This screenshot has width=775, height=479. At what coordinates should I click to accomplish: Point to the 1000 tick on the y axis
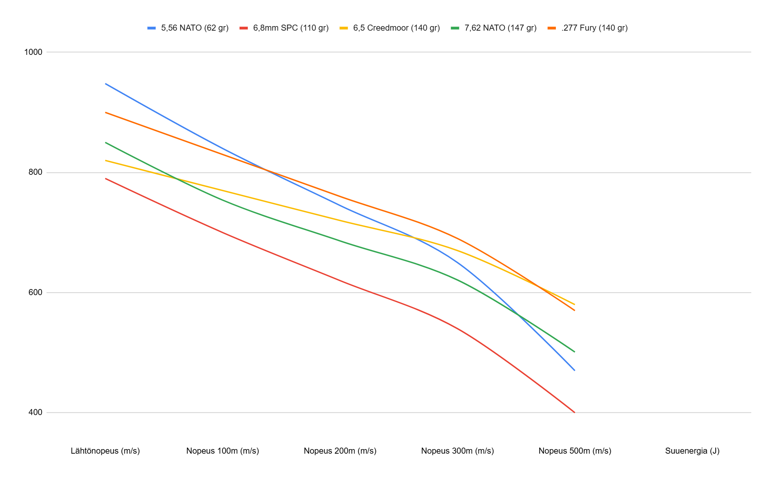(33, 52)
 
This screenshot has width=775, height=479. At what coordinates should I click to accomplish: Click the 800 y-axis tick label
(36, 173)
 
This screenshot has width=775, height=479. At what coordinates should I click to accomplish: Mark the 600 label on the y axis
(36, 292)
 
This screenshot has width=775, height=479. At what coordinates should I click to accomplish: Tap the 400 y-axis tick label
(36, 412)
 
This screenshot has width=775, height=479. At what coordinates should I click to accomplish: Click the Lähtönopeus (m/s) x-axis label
(105, 451)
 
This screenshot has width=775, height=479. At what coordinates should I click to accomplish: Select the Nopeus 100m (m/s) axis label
(223, 451)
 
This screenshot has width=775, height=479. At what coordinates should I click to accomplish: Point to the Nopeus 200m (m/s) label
(340, 451)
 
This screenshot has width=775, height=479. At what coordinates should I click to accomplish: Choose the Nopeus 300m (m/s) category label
(458, 451)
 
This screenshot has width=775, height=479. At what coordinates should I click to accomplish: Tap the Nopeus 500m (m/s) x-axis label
(575, 451)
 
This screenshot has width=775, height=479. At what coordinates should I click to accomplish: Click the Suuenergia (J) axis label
(692, 451)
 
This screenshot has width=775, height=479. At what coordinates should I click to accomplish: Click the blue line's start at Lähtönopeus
(106, 84)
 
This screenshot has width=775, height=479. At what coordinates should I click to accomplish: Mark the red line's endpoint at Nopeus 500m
(574, 412)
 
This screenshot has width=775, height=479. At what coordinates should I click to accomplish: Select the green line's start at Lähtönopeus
(106, 143)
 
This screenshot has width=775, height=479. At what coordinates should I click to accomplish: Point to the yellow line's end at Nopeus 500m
(574, 304)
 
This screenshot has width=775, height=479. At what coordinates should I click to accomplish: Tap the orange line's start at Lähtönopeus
(106, 112)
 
